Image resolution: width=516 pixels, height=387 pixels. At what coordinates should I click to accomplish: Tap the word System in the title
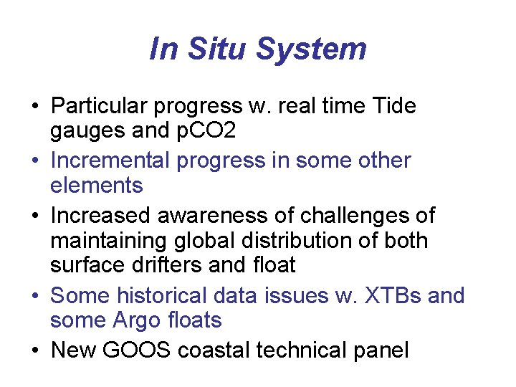tap(311, 49)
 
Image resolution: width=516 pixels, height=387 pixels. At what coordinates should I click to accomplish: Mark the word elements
tap(97, 186)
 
